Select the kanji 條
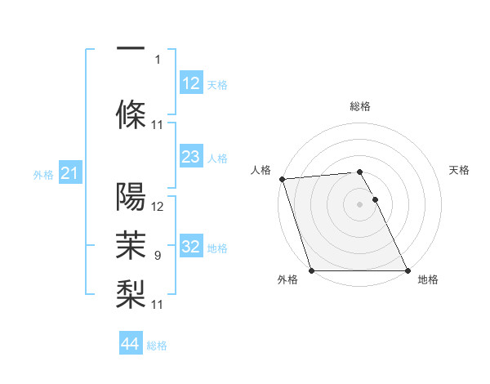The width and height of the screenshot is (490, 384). coord(131,112)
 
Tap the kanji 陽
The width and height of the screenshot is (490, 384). coord(131,196)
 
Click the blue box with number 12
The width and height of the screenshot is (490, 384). coord(190,83)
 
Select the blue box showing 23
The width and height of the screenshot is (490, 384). coord(190,158)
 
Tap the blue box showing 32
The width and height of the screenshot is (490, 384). coord(190,248)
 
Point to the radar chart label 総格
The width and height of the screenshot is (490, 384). coord(359,106)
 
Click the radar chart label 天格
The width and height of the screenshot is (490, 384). coord(459,170)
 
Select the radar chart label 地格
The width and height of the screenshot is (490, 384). coord(428,279)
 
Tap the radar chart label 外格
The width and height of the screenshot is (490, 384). coord(287,279)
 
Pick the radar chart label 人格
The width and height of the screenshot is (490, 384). coord(261,170)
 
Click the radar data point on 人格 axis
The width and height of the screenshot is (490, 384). coord(282,179)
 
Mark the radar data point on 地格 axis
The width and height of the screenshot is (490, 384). coord(407,270)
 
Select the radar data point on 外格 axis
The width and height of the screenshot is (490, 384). coord(311,270)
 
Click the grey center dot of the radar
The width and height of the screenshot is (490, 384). coord(359,204)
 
